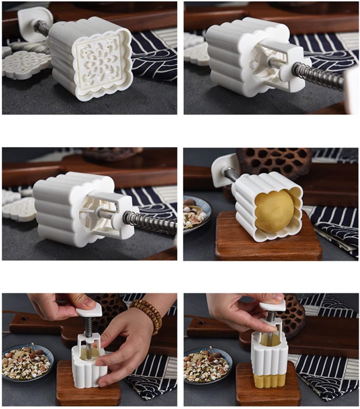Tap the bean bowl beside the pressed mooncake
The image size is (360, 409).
click(x=206, y=366)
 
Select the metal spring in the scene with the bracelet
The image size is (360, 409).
click(x=88, y=326)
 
